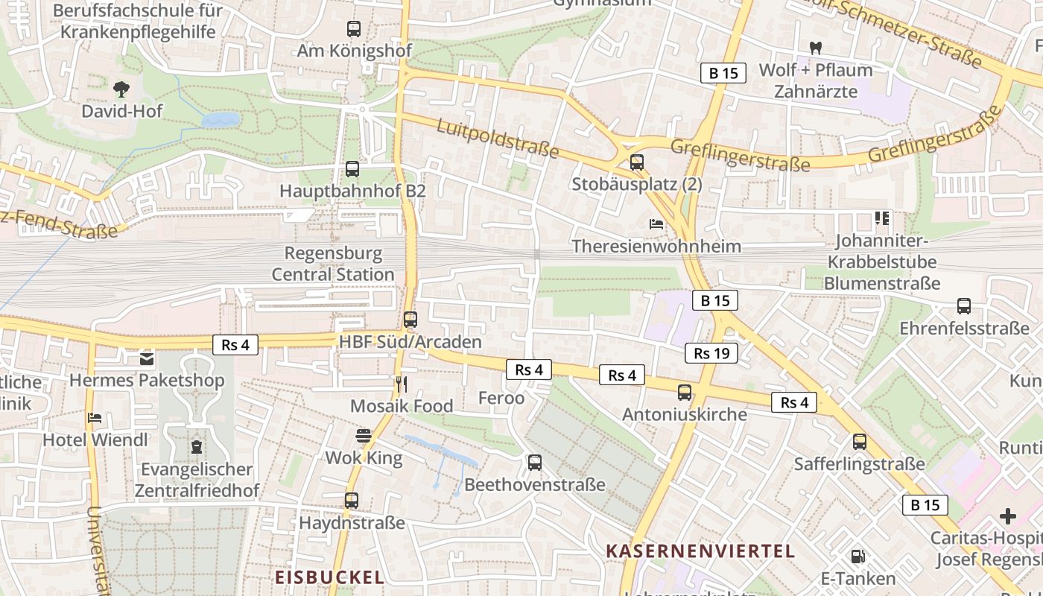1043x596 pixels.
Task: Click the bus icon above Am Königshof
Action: click(x=354, y=29)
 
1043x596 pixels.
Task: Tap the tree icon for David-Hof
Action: click(x=121, y=89)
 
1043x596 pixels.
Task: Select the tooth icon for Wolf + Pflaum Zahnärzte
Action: click(x=815, y=48)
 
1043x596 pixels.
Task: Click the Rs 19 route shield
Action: click(x=711, y=353)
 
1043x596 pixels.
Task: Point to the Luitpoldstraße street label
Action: click(x=497, y=139)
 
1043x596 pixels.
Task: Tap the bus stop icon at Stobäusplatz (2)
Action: click(x=637, y=162)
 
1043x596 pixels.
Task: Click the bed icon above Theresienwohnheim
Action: click(x=656, y=223)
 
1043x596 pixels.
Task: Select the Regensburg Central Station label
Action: click(x=333, y=264)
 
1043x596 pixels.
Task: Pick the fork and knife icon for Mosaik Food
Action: click(x=402, y=384)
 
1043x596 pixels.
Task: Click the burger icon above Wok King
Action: click(x=364, y=436)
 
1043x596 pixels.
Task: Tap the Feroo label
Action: click(x=501, y=398)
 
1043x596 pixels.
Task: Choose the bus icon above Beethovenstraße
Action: click(x=535, y=463)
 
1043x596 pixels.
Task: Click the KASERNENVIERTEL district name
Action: click(x=700, y=551)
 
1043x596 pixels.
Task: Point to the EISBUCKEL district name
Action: click(x=329, y=577)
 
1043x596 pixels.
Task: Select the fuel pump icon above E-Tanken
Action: click(x=857, y=557)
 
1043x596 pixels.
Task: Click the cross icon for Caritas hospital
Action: click(x=1008, y=516)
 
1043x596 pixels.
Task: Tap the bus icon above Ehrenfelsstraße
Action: click(x=964, y=306)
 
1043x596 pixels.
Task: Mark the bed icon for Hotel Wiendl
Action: click(x=95, y=418)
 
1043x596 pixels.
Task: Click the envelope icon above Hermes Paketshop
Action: click(x=147, y=359)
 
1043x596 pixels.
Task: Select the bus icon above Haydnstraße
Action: click(x=352, y=501)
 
